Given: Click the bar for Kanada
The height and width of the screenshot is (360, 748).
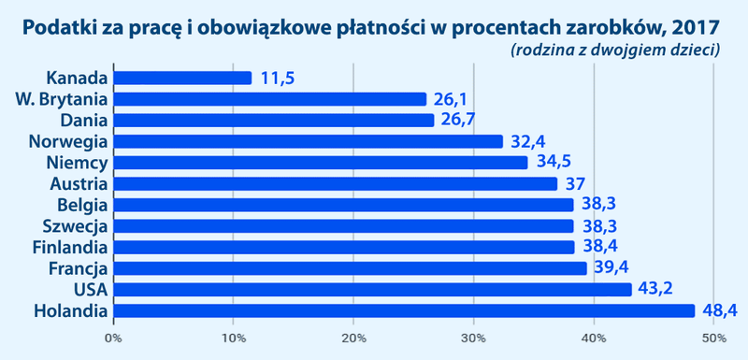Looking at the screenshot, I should coord(182,78).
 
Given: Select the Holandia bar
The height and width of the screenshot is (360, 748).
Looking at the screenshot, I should coord(404,310).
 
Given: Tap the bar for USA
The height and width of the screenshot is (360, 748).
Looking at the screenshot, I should coord(372,289).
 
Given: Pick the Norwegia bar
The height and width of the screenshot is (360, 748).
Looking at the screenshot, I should coord(308,141).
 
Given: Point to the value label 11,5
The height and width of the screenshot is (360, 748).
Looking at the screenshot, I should coord(278,78).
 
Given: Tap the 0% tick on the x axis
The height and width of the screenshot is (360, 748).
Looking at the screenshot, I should coord(113,338).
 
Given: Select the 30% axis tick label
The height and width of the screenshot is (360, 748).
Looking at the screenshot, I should coord(474,338).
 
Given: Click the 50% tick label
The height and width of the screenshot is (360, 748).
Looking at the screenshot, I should coord(713,338).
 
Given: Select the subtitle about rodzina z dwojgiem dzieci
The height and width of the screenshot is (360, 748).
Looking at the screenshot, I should coord(615,50).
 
